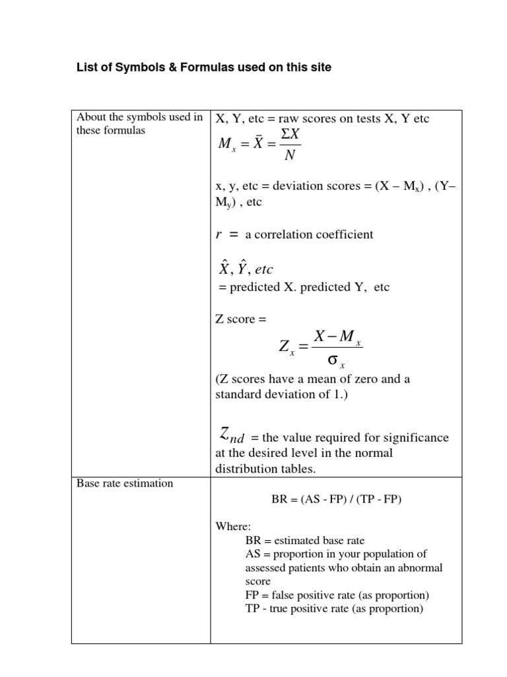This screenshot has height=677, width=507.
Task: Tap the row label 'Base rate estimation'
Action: pos(125,483)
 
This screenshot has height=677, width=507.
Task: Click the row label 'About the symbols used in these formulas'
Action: pos(139,124)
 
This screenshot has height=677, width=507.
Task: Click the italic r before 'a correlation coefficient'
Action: pos(220,234)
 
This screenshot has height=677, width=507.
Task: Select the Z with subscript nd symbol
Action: pos(228,436)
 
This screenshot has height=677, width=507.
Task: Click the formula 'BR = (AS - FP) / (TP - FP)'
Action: pos(336,500)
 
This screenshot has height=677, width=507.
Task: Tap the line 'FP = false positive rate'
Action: pos(337,595)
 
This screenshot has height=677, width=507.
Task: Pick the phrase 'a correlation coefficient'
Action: pos(309,235)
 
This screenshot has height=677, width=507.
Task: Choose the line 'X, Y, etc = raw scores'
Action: pos(323,119)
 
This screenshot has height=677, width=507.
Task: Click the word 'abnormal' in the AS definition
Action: pos(420,567)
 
